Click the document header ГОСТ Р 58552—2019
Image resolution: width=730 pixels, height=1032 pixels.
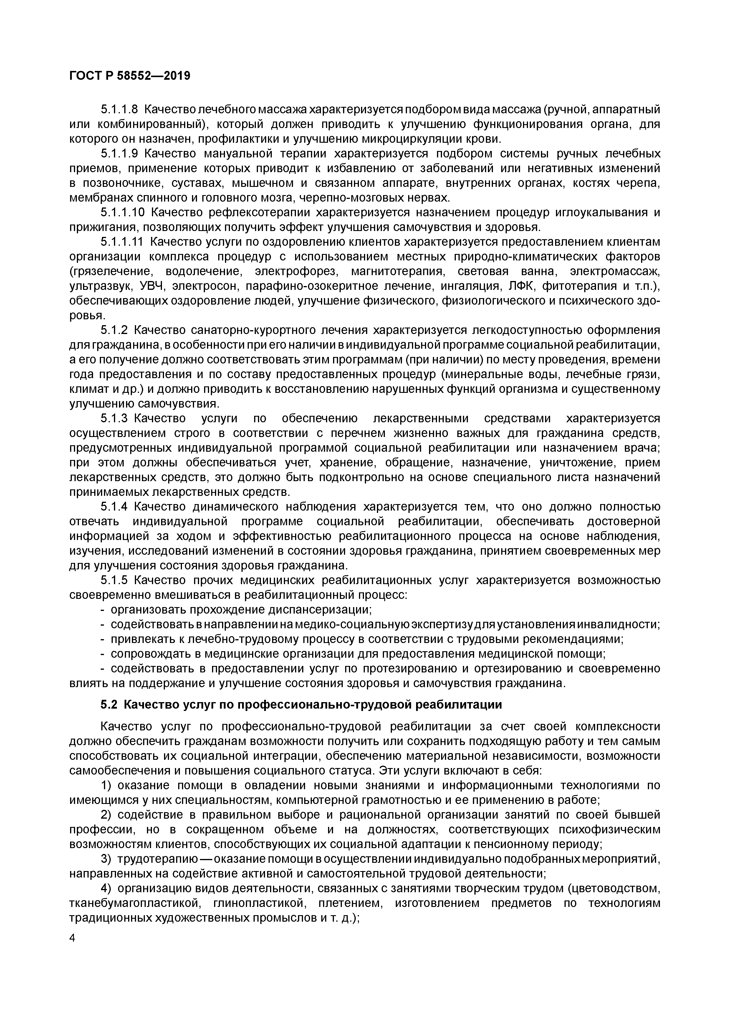pos(130,76)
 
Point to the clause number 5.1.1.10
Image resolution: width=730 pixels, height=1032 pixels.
pos(122,212)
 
